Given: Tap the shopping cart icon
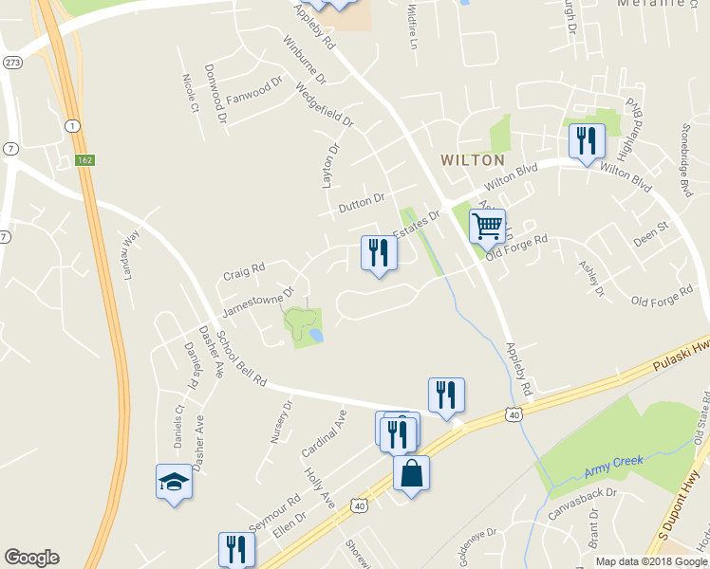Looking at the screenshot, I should (x=487, y=226).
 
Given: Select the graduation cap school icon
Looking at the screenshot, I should (x=174, y=481).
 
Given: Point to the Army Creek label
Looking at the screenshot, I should (x=614, y=463).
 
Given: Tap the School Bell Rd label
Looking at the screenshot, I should (x=240, y=358).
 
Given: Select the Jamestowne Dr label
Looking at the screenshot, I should (x=258, y=298).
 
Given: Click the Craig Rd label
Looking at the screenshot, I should (x=244, y=272).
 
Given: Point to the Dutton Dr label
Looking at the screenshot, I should (x=361, y=202).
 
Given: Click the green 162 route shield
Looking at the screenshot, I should (x=85, y=160).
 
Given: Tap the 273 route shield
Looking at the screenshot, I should (x=12, y=62).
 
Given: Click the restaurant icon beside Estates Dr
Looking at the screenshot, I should (x=379, y=252).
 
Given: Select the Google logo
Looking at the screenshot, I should (x=31, y=558).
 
